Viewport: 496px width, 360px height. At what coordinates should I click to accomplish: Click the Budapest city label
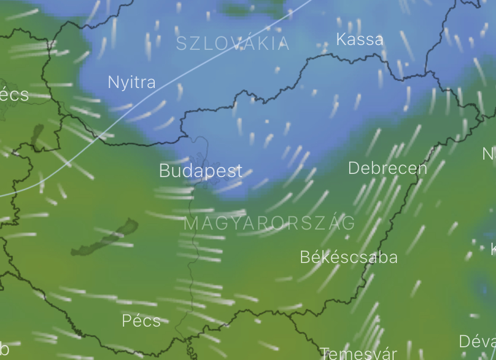200,171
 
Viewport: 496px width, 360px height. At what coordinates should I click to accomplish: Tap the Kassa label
359,39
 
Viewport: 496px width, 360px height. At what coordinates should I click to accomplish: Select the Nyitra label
131,82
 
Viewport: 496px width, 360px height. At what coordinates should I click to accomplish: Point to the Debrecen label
387,169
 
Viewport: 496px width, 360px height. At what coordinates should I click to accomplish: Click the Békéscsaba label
349,257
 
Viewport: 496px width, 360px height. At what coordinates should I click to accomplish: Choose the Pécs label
141,321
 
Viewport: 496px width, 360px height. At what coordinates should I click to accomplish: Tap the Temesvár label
358,353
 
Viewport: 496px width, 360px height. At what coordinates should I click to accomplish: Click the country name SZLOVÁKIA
233,43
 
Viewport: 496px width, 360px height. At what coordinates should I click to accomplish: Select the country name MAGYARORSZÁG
269,223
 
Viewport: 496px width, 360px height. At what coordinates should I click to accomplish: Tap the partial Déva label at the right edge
477,341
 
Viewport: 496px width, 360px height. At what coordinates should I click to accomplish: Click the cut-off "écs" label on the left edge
14,95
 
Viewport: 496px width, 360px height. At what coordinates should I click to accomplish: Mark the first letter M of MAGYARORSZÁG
191,223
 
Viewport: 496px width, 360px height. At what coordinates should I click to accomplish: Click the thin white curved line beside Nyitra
159,88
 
